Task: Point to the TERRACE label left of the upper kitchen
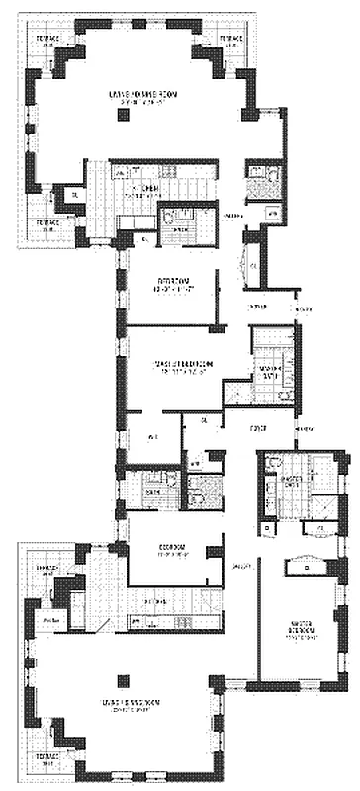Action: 47,224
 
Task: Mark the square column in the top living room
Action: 123,115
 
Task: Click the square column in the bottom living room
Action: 123,679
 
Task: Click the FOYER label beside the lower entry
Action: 260,427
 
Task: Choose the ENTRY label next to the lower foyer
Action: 305,427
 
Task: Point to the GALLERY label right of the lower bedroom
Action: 241,566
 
